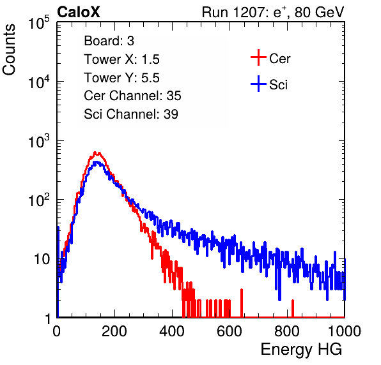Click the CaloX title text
click(78, 12)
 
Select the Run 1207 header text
click(273, 12)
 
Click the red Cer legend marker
click(258, 57)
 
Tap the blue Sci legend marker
click(258, 84)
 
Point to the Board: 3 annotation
click(109, 41)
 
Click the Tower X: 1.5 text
click(121, 59)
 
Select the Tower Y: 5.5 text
click(121, 78)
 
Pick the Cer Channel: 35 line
click(132, 96)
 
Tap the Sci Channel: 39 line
click(131, 114)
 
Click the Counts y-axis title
click(9, 50)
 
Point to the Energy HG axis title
click(301, 350)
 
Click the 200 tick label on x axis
click(114, 331)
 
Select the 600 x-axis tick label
click(229, 331)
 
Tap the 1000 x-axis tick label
click(345, 331)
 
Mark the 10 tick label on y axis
click(42, 259)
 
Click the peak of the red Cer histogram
click(95, 153)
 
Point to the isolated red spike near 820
click(293, 308)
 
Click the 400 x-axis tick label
click(172, 331)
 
